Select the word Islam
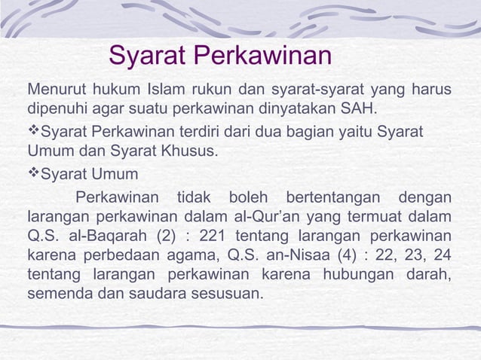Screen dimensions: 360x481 click(170, 92)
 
